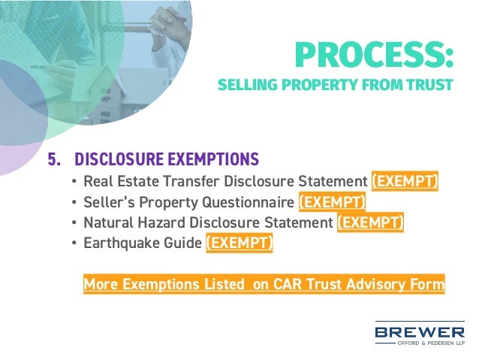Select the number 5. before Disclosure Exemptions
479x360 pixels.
tap(54, 159)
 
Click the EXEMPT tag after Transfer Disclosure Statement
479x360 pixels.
tap(405, 182)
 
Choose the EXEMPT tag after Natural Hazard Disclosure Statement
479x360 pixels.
tap(371, 222)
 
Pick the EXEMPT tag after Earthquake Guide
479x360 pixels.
tap(239, 243)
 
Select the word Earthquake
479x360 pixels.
tap(120, 243)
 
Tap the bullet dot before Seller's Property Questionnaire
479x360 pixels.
tap(73, 203)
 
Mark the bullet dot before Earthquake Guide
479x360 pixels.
tap(73, 244)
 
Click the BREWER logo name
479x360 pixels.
tap(420, 331)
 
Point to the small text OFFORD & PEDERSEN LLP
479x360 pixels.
tap(431, 343)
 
